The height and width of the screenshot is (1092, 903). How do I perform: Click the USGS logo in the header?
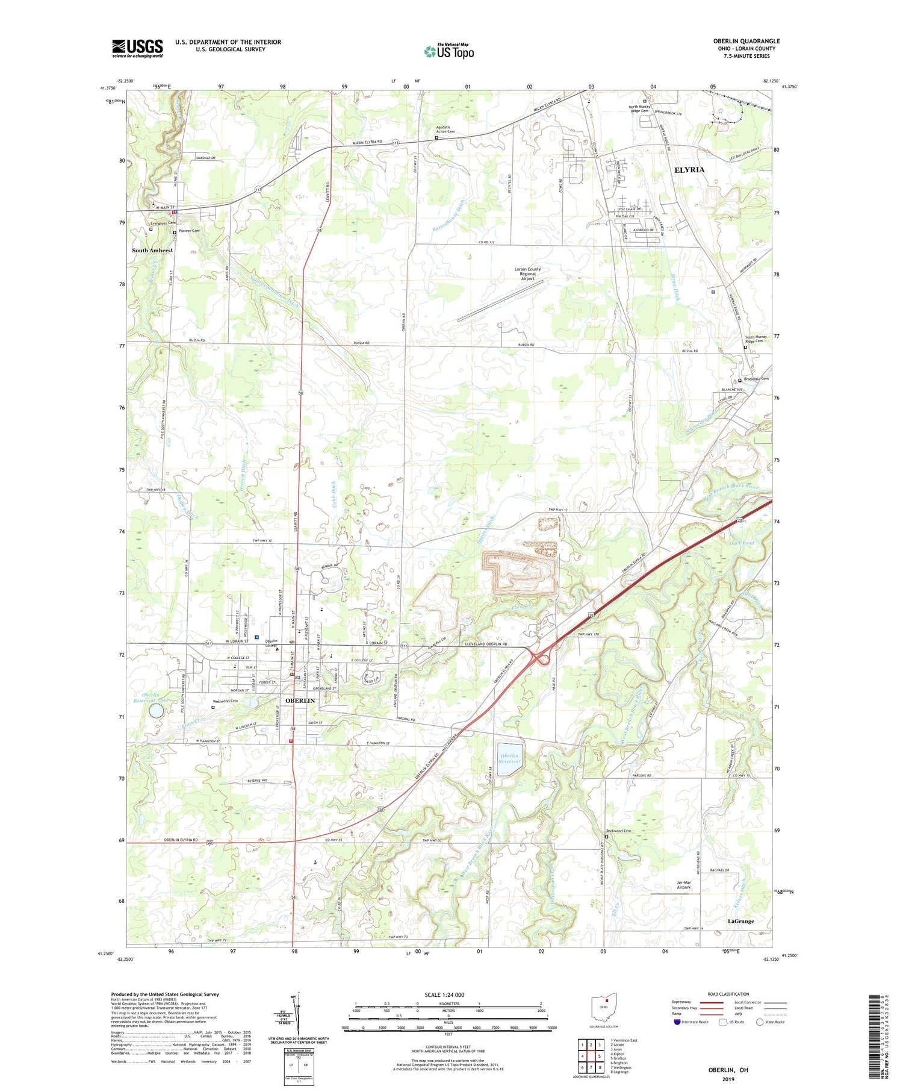(137, 48)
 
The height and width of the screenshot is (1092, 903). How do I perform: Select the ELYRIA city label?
(689, 170)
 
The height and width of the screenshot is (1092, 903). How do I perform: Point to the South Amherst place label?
(152, 250)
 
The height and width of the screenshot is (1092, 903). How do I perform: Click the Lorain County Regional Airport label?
(527, 274)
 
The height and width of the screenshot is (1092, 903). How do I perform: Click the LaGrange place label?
(740, 921)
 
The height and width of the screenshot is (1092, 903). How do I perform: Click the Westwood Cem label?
(225, 701)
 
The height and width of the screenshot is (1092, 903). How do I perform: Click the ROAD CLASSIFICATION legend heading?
(728, 994)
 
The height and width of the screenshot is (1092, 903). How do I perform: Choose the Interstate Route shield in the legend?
(677, 1022)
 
